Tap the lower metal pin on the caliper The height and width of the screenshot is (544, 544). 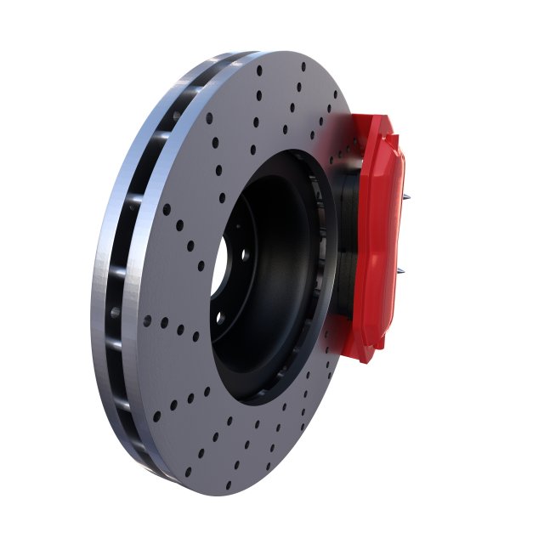coord(401,272)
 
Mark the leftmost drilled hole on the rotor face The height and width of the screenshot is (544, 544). coord(147,320)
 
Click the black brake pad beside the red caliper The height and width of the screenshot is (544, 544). coord(348,246)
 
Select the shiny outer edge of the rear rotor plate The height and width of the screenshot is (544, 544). coord(106,255)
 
